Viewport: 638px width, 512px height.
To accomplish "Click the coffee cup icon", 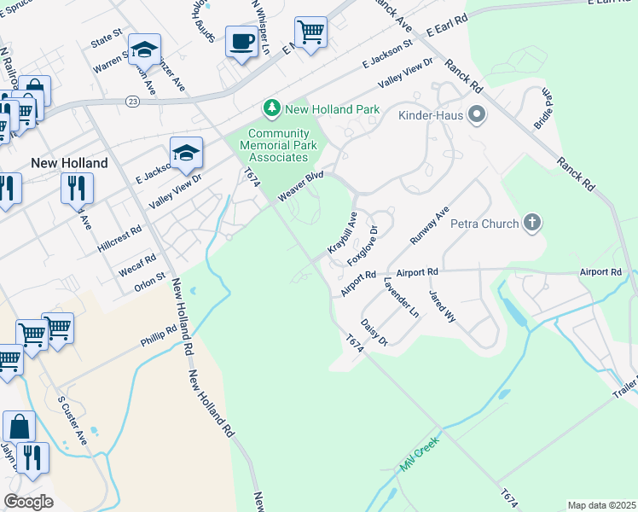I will (x=241, y=41).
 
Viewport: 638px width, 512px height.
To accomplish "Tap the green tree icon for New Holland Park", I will (x=272, y=108).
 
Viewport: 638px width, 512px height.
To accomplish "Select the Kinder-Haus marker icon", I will (x=476, y=113).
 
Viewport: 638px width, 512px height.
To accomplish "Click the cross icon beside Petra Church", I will (x=532, y=224).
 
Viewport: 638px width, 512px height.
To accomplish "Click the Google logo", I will (x=28, y=502).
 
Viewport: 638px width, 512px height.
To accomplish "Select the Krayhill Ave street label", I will (x=341, y=234).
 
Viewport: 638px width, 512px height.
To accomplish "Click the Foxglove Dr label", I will (x=367, y=246).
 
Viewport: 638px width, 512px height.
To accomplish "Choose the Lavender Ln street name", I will (x=401, y=298).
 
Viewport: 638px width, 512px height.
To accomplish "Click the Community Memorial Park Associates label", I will (x=279, y=145).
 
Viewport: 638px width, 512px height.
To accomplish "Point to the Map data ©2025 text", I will (x=601, y=505).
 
